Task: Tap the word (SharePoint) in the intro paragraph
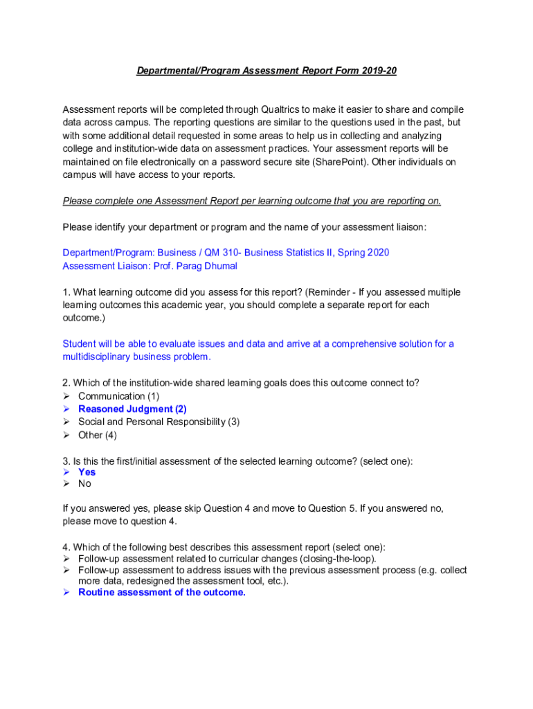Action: click(x=340, y=162)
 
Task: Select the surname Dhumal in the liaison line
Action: click(x=221, y=266)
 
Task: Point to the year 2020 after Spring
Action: click(x=378, y=253)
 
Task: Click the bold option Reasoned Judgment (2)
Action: click(x=132, y=409)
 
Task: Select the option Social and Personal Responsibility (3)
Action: click(x=159, y=422)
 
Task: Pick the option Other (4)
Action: click(x=98, y=435)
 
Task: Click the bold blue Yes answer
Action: click(x=87, y=472)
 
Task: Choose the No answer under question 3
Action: click(x=84, y=485)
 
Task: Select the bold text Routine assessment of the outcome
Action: click(x=162, y=593)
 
